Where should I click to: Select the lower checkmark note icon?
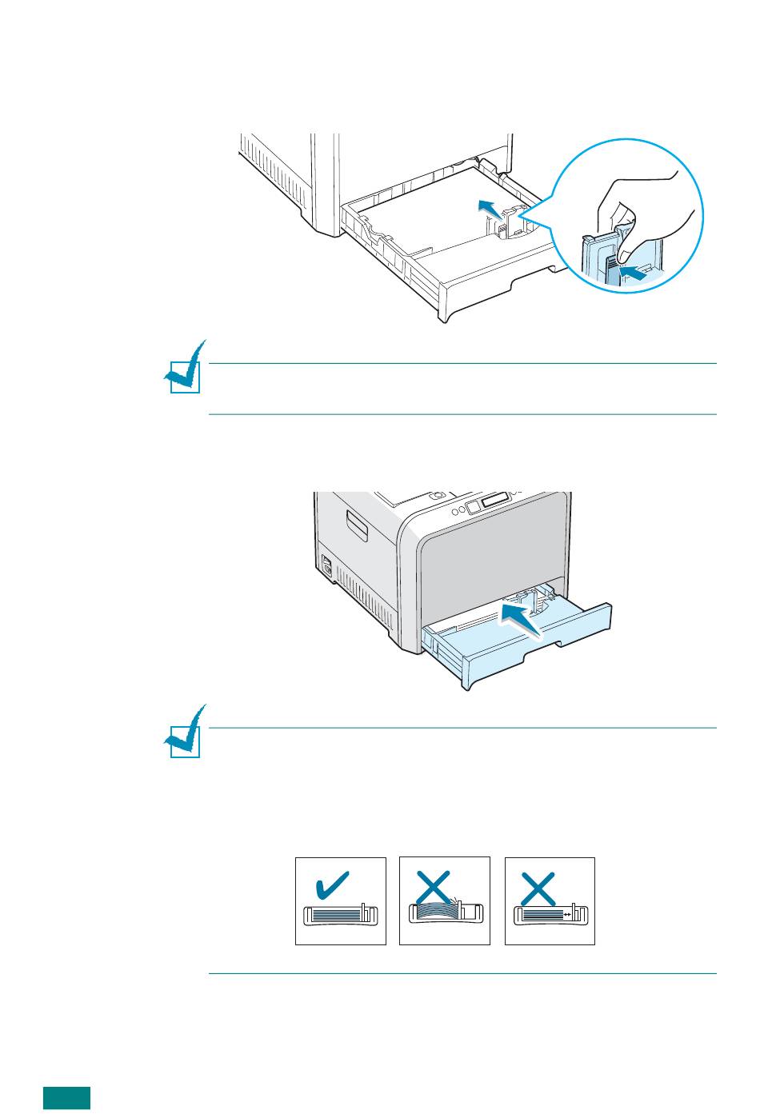pos(186,733)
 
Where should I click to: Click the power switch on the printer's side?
pos(325,565)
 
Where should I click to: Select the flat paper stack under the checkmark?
pos(331,912)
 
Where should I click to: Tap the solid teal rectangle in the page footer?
pos(66,1098)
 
